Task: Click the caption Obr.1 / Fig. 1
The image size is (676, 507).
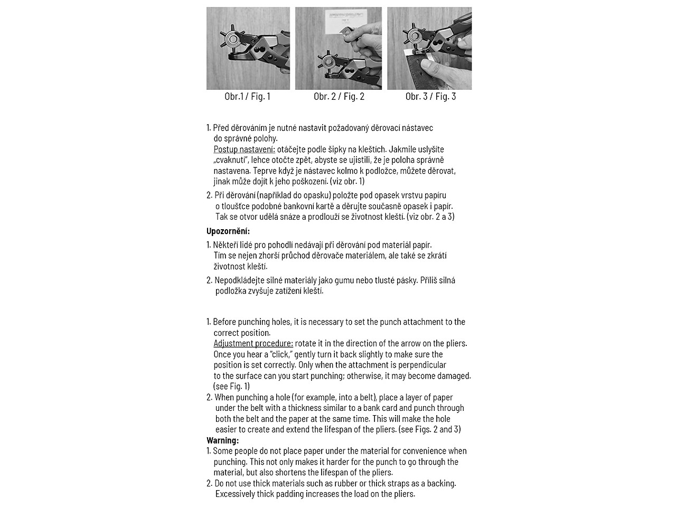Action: coord(247,96)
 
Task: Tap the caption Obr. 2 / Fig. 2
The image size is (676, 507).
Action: coord(339,96)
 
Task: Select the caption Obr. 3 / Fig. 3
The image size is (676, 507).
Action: coord(430,96)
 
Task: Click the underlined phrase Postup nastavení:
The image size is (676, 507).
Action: coord(244,149)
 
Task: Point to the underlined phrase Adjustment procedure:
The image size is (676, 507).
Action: coord(253,343)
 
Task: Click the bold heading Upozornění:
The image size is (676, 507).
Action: coord(228,231)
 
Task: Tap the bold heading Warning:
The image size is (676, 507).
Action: coord(222,440)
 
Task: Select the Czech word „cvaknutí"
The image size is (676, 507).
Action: coord(233,160)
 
